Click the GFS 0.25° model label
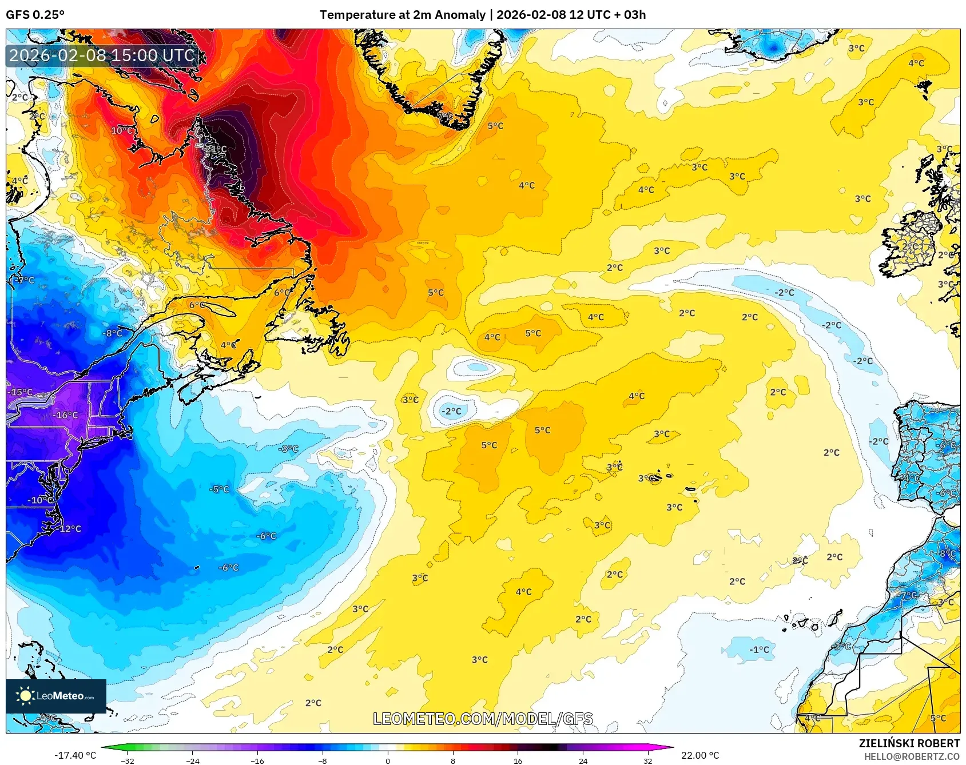35,15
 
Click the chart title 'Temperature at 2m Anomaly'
402,15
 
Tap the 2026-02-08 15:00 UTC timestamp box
102,55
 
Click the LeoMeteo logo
55,696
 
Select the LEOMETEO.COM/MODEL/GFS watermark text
483,719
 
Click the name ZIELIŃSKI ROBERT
909,743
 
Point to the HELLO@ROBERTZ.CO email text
911,756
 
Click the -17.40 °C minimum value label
75,755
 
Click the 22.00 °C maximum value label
699,755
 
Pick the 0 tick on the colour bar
388,760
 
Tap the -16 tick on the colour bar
257,760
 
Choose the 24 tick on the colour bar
583,760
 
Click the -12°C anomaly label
69,529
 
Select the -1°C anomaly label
759,650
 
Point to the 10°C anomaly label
122,130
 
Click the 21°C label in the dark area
216,149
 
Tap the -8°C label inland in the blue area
112,333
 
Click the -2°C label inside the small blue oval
451,411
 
